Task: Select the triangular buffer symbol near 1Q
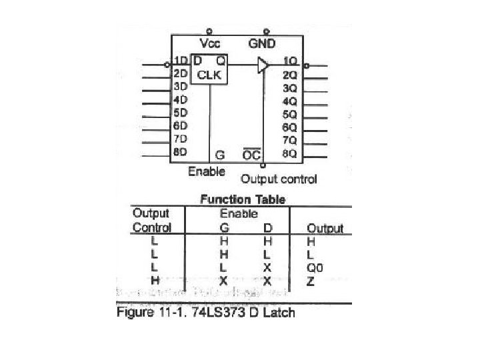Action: coord(263,65)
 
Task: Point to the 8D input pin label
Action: coord(179,152)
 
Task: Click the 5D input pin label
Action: coord(179,113)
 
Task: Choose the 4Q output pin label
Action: coord(289,101)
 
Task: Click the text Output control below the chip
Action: coord(279,179)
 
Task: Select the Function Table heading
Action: coord(243,199)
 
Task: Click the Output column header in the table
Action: coord(325,228)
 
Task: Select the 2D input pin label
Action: coord(179,73)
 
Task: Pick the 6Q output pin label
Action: coord(289,127)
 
